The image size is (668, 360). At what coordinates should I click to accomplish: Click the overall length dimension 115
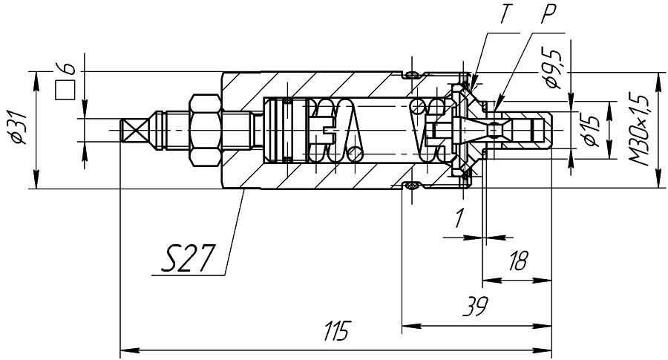coord(337,331)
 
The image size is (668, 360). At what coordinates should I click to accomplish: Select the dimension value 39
coord(476,306)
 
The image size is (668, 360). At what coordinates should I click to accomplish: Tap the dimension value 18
coord(518,261)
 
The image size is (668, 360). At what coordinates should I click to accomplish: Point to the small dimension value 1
coord(459,218)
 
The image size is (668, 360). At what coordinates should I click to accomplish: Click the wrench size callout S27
coord(186,258)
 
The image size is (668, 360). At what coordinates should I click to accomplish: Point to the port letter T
coord(505,15)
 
